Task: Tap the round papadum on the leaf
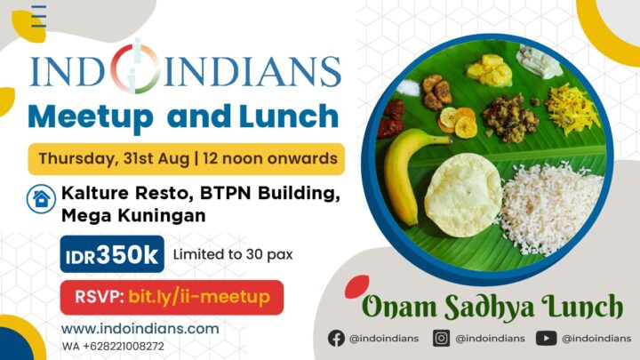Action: click(x=463, y=195)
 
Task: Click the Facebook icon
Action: click(x=337, y=338)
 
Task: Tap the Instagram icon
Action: click(x=442, y=338)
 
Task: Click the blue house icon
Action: click(x=39, y=198)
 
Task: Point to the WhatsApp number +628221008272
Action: click(x=113, y=346)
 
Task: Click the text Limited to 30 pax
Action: click(x=233, y=255)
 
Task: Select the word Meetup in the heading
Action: click(x=92, y=116)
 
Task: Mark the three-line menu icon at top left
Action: click(x=38, y=16)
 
